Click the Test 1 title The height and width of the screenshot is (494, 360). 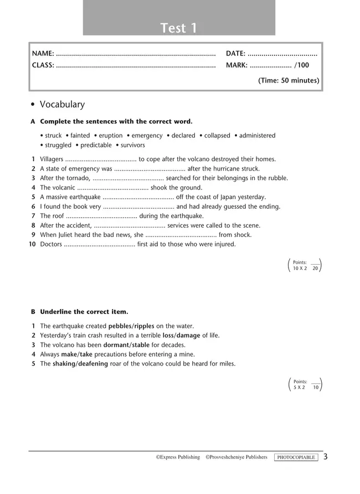click(179, 28)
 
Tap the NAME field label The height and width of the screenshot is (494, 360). click(43, 54)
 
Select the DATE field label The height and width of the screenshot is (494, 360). click(235, 54)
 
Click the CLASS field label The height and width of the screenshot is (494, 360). click(43, 65)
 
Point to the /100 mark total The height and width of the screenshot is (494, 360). click(302, 65)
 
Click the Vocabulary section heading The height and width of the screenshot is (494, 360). click(62, 104)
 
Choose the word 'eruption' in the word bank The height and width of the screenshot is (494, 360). click(111, 136)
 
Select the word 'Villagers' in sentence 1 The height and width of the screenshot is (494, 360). click(52, 159)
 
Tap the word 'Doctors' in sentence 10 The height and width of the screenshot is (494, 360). click(51, 244)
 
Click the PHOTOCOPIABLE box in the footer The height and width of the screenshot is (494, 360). click(296, 457)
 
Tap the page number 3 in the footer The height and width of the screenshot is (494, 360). click(326, 457)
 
